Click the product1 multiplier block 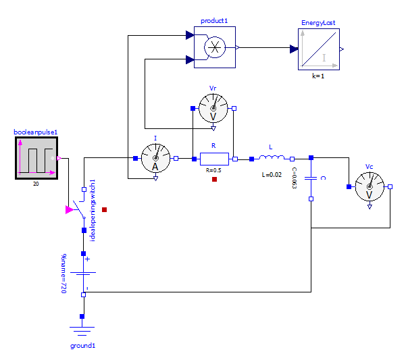[x=215, y=48]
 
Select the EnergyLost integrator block [x=319, y=49]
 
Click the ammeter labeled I [x=155, y=159]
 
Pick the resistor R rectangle [x=214, y=159]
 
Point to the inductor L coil [x=272, y=159]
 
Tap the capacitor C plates [x=311, y=178]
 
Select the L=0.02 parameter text [x=272, y=174]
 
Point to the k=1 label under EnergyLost [x=318, y=76]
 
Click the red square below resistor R [x=214, y=180]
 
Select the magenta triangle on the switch [x=70, y=210]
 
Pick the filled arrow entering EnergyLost [x=294, y=49]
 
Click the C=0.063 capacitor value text [x=295, y=177]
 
